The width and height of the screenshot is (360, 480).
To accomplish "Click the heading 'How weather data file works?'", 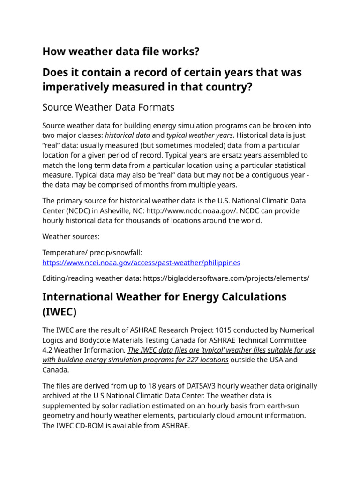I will [x=120, y=52].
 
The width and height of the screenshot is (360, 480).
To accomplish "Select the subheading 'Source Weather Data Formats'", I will [x=108, y=107].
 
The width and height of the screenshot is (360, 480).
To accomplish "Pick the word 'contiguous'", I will [x=255, y=175].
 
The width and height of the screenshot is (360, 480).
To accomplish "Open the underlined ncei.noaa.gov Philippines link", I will [x=141, y=262].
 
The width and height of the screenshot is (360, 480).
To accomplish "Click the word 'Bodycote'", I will [x=104, y=340].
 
